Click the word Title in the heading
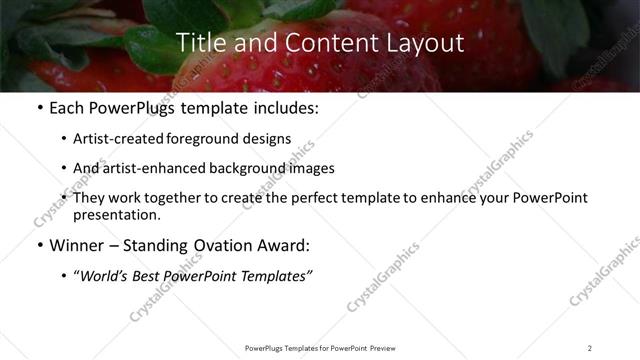pyautogui.click(x=198, y=43)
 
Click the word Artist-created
pyautogui.click(x=118, y=139)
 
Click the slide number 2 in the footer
pyautogui.click(x=590, y=348)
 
